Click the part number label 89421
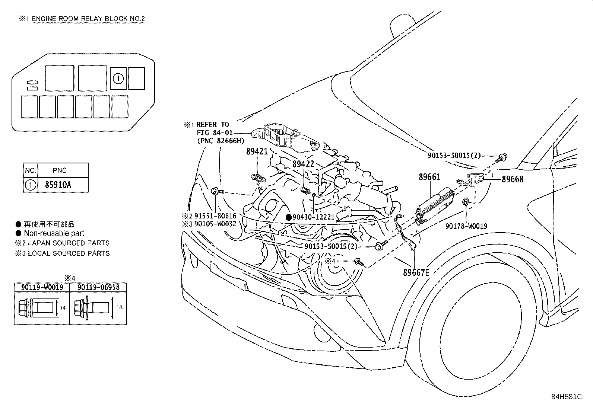click(257, 151)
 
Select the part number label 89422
click(303, 164)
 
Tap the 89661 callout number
click(429, 177)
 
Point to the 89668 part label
click(512, 179)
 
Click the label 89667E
click(416, 272)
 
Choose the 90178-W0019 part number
click(466, 226)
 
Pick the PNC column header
click(60, 170)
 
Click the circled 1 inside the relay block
click(118, 78)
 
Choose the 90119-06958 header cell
click(98, 287)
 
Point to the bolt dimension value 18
click(119, 308)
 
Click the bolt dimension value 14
click(63, 308)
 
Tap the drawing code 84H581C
click(566, 397)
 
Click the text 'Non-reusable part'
click(54, 233)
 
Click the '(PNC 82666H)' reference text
click(220, 141)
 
